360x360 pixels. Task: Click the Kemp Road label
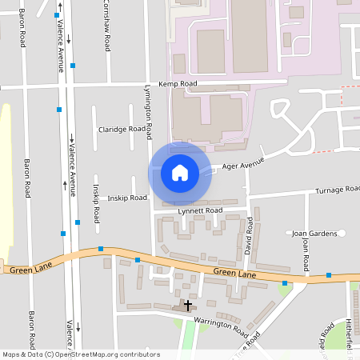178,83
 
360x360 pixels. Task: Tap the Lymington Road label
147,111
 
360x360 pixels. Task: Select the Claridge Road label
121,129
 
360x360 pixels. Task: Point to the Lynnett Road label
200,210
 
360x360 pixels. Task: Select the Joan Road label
306,253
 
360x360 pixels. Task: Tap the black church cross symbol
188,305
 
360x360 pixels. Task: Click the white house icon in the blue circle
180,172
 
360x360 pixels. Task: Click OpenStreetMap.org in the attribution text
91,354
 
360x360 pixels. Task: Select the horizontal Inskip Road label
127,197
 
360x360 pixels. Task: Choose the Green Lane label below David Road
234,274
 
